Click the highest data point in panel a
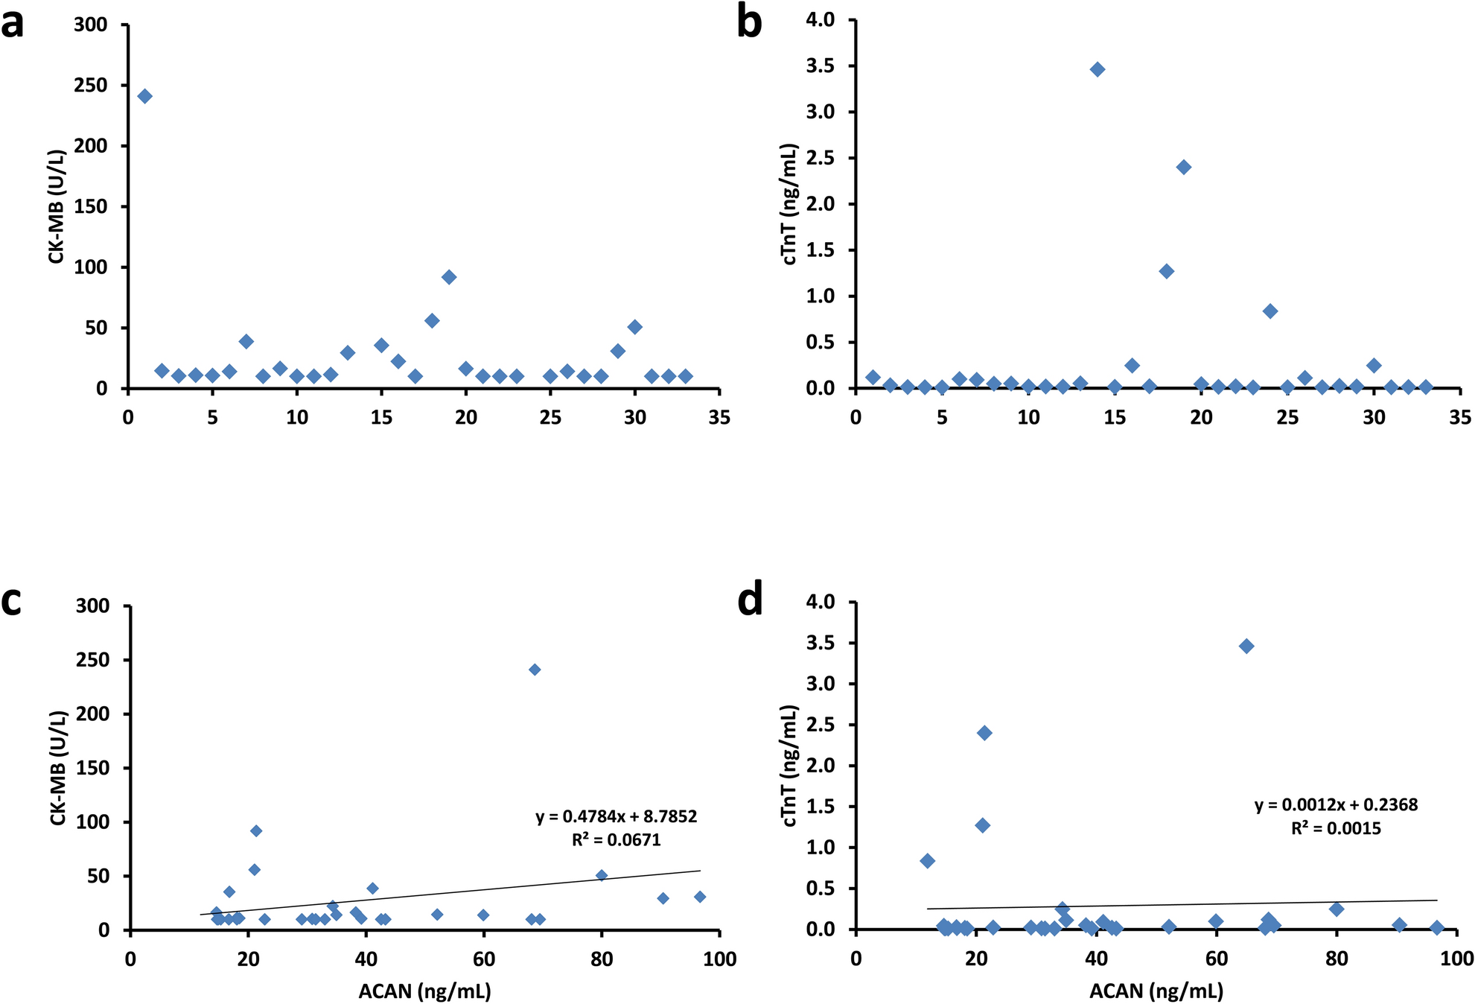[x=145, y=96]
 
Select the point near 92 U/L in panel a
[x=449, y=277]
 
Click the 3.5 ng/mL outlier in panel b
[x=1098, y=69]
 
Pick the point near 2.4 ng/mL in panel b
[x=1184, y=167]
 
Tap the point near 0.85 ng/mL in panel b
[x=1270, y=311]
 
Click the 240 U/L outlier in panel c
[x=535, y=670]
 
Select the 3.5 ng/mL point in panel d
[x=1246, y=646]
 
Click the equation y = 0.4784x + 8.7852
[x=617, y=817]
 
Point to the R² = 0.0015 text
[x=1336, y=828]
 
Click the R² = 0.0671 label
[x=617, y=840]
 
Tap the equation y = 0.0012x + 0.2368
[x=1336, y=805]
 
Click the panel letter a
[x=12, y=24]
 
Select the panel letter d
[x=750, y=600]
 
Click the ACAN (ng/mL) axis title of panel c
[x=424, y=991]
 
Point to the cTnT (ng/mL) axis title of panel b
[x=791, y=204]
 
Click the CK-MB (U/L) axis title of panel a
[x=57, y=206]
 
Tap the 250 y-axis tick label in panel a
[x=91, y=86]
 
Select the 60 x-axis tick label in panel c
[x=484, y=959]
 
